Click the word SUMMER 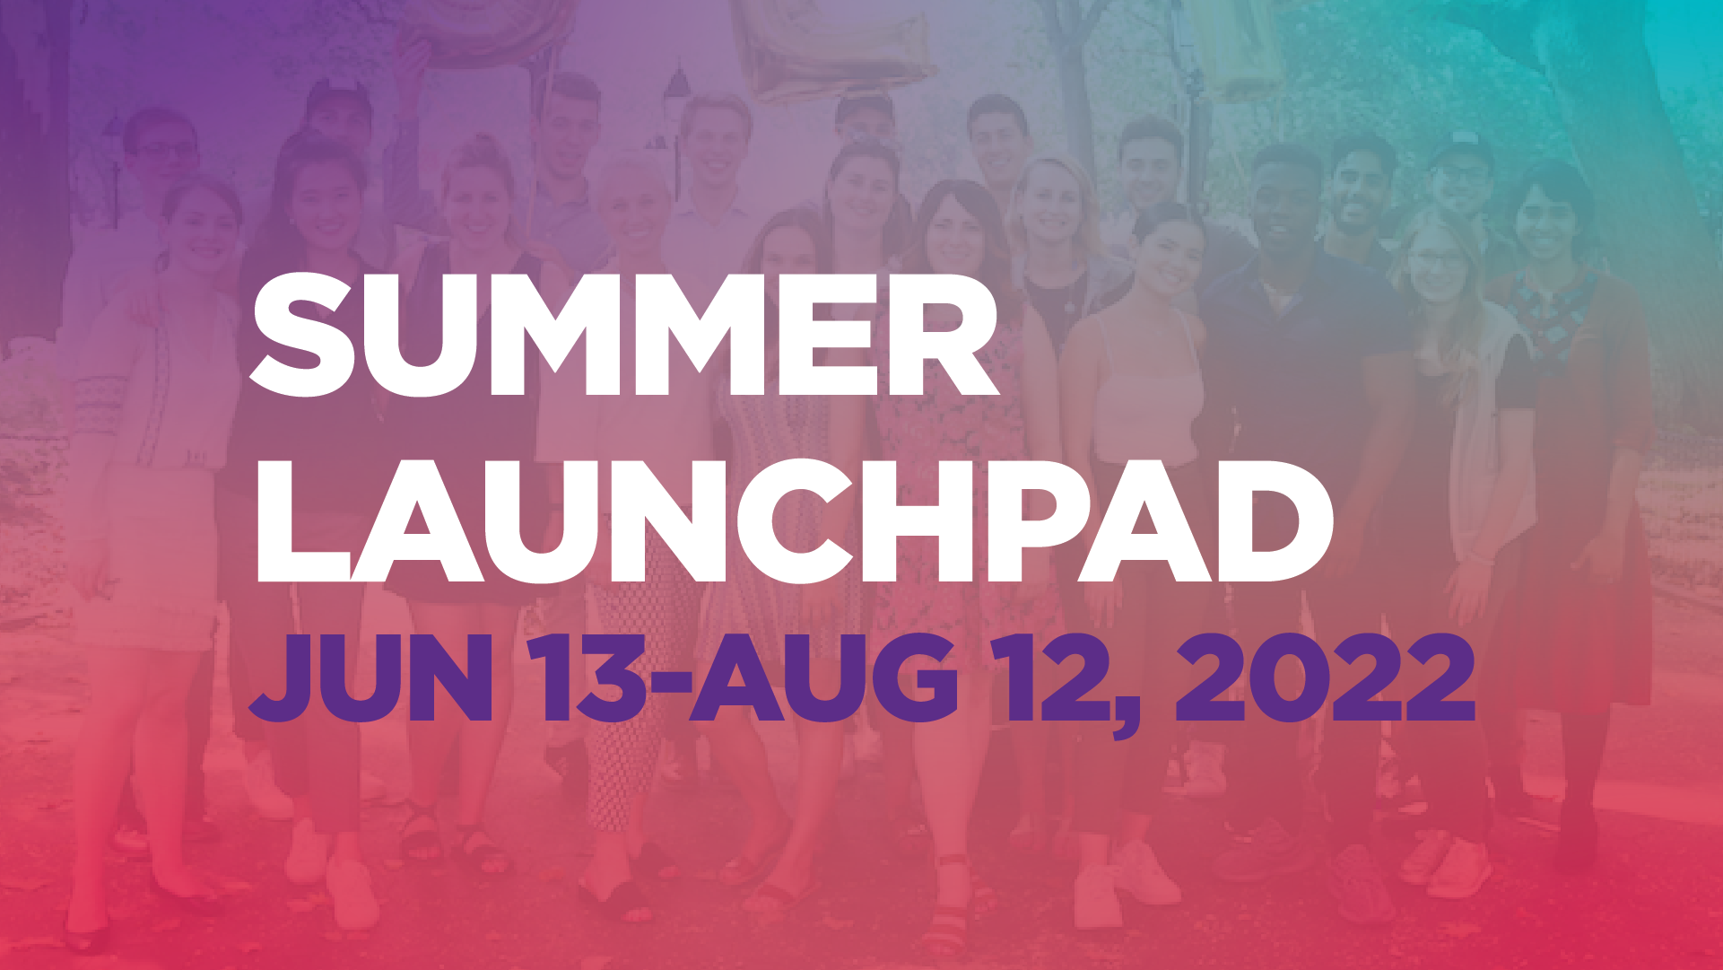623,334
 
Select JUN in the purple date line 370,678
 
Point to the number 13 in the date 587,678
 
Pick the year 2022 1326,678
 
